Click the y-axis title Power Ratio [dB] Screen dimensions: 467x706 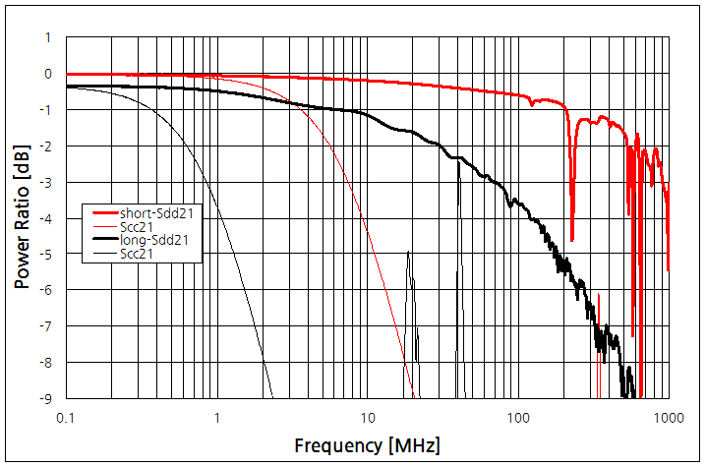pos(22,217)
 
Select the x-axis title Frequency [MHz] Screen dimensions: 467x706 pos(367,445)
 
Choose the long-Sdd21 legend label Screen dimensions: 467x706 pos(154,239)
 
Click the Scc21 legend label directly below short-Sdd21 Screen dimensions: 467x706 pos(139,226)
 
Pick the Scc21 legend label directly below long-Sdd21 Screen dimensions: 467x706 pos(139,253)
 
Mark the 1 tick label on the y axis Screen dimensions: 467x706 pos(47,37)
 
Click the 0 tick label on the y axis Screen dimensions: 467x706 pos(47,74)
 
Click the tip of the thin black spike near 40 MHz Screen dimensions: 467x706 pos(458,159)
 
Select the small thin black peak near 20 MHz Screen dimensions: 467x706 pos(408,253)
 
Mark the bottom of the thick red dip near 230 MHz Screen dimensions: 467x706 pos(572,240)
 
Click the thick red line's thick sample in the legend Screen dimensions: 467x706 pos(103,213)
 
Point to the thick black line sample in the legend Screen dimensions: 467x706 pos(103,239)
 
